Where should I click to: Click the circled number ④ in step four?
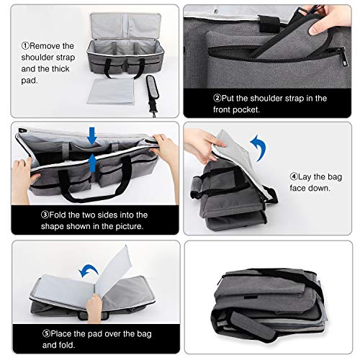click(294, 175)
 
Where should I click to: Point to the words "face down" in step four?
click(315, 187)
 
